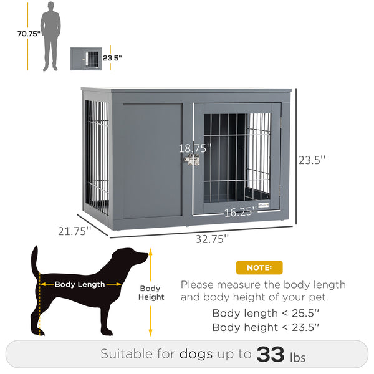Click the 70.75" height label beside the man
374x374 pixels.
pyautogui.click(x=29, y=34)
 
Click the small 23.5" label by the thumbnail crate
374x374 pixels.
pyautogui.click(x=112, y=58)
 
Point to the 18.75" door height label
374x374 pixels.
pyautogui.click(x=195, y=148)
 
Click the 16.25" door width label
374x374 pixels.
pyautogui.click(x=240, y=212)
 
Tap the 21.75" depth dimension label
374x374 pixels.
pyautogui.click(x=75, y=231)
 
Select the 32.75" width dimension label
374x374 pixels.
pyautogui.click(x=208, y=237)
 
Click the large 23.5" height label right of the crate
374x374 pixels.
pyautogui.click(x=312, y=160)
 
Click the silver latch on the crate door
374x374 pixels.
pyautogui.click(x=191, y=161)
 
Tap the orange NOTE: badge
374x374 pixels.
pyautogui.click(x=259, y=267)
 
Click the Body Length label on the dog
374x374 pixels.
pyautogui.click(x=80, y=284)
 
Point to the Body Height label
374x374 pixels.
pyautogui.click(x=151, y=293)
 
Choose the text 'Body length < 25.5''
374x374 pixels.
pyautogui.click(x=266, y=313)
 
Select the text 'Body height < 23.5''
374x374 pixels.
pyautogui.click(x=266, y=327)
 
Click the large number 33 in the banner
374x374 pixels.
pyautogui.click(x=271, y=355)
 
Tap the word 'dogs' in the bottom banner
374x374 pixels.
pyautogui.click(x=196, y=355)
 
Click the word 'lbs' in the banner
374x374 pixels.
pyautogui.click(x=298, y=357)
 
